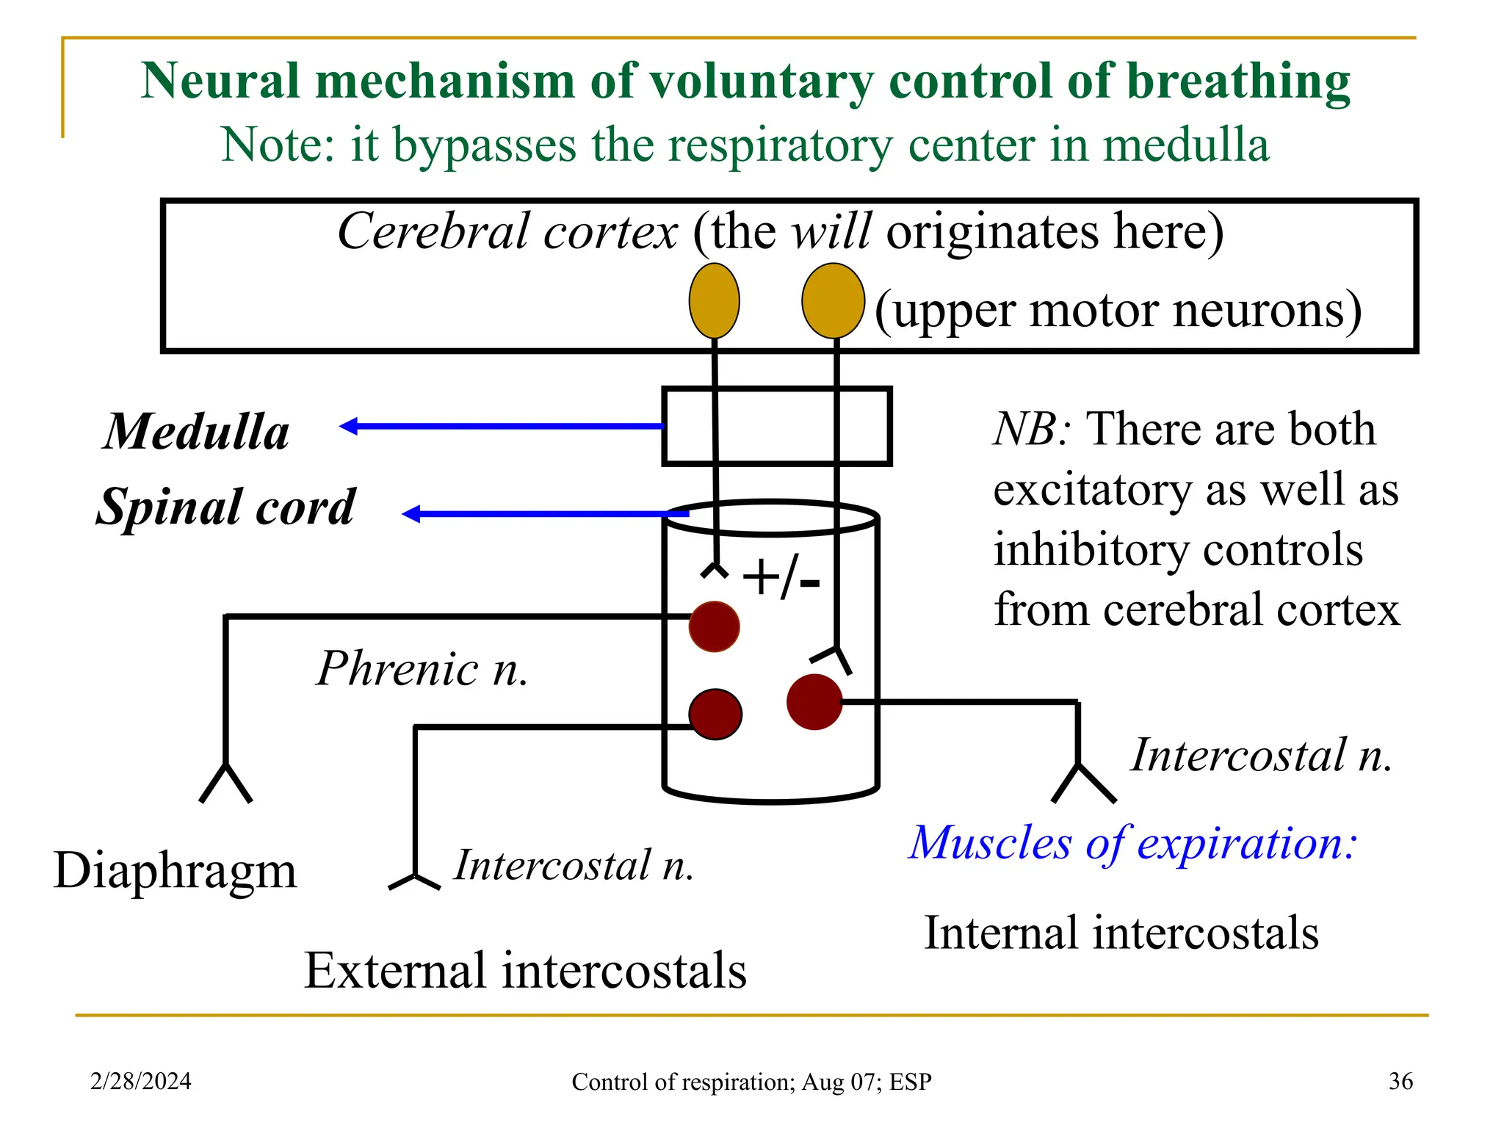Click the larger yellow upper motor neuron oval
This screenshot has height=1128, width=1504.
[832, 301]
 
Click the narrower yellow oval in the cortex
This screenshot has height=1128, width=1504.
[714, 301]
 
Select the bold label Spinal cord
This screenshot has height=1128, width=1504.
[226, 507]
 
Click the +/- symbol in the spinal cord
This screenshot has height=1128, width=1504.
[781, 578]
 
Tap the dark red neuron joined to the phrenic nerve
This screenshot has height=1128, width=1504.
[714, 626]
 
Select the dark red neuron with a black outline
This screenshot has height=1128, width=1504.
[715, 714]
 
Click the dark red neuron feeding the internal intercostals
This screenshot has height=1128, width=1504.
[814, 702]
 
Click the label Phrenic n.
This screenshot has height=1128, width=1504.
[422, 669]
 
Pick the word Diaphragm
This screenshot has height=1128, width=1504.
[175, 871]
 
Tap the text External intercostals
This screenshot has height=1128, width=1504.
[525, 970]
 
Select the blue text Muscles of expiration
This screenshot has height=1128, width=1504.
[1132, 842]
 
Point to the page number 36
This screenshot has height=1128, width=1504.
[1400, 1081]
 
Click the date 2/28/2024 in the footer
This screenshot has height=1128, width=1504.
[141, 1081]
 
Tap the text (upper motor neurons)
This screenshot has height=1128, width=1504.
[1118, 310]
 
